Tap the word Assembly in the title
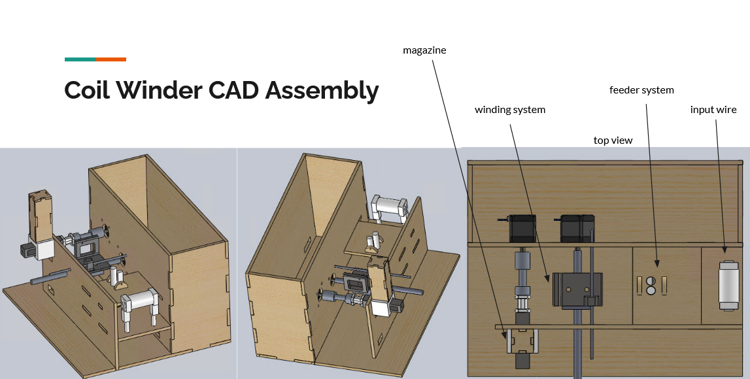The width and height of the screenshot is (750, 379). point(322,91)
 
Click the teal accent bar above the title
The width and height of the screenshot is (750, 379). point(80,59)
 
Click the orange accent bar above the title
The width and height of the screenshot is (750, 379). point(111,59)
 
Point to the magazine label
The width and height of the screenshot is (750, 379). point(424,50)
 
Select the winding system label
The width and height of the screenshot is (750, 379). point(510,110)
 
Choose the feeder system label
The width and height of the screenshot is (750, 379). point(641,90)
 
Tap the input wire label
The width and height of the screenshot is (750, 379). point(713,110)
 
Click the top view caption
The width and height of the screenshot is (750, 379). point(613,140)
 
